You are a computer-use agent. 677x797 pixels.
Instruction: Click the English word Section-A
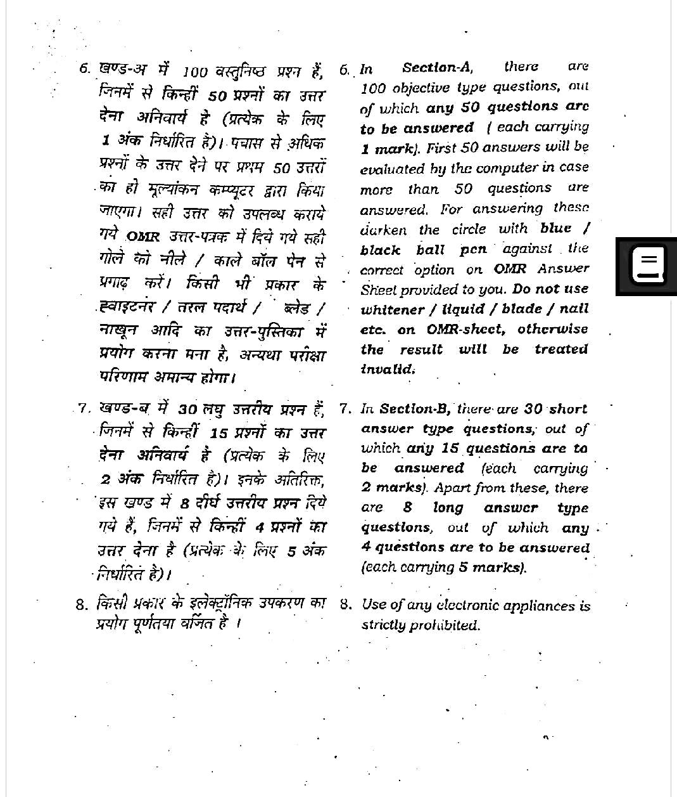[438, 68]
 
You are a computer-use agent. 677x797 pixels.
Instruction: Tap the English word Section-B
[415, 409]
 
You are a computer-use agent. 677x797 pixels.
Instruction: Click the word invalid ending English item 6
[388, 369]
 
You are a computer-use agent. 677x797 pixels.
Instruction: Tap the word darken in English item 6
[383, 230]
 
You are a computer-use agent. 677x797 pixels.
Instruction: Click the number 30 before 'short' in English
[534, 409]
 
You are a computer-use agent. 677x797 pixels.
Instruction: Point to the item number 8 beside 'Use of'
[345, 604]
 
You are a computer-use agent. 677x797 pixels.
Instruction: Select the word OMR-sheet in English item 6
[465, 330]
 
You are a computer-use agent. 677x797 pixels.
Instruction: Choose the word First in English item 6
[441, 148]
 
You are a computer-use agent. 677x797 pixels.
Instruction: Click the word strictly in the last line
[383, 625]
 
